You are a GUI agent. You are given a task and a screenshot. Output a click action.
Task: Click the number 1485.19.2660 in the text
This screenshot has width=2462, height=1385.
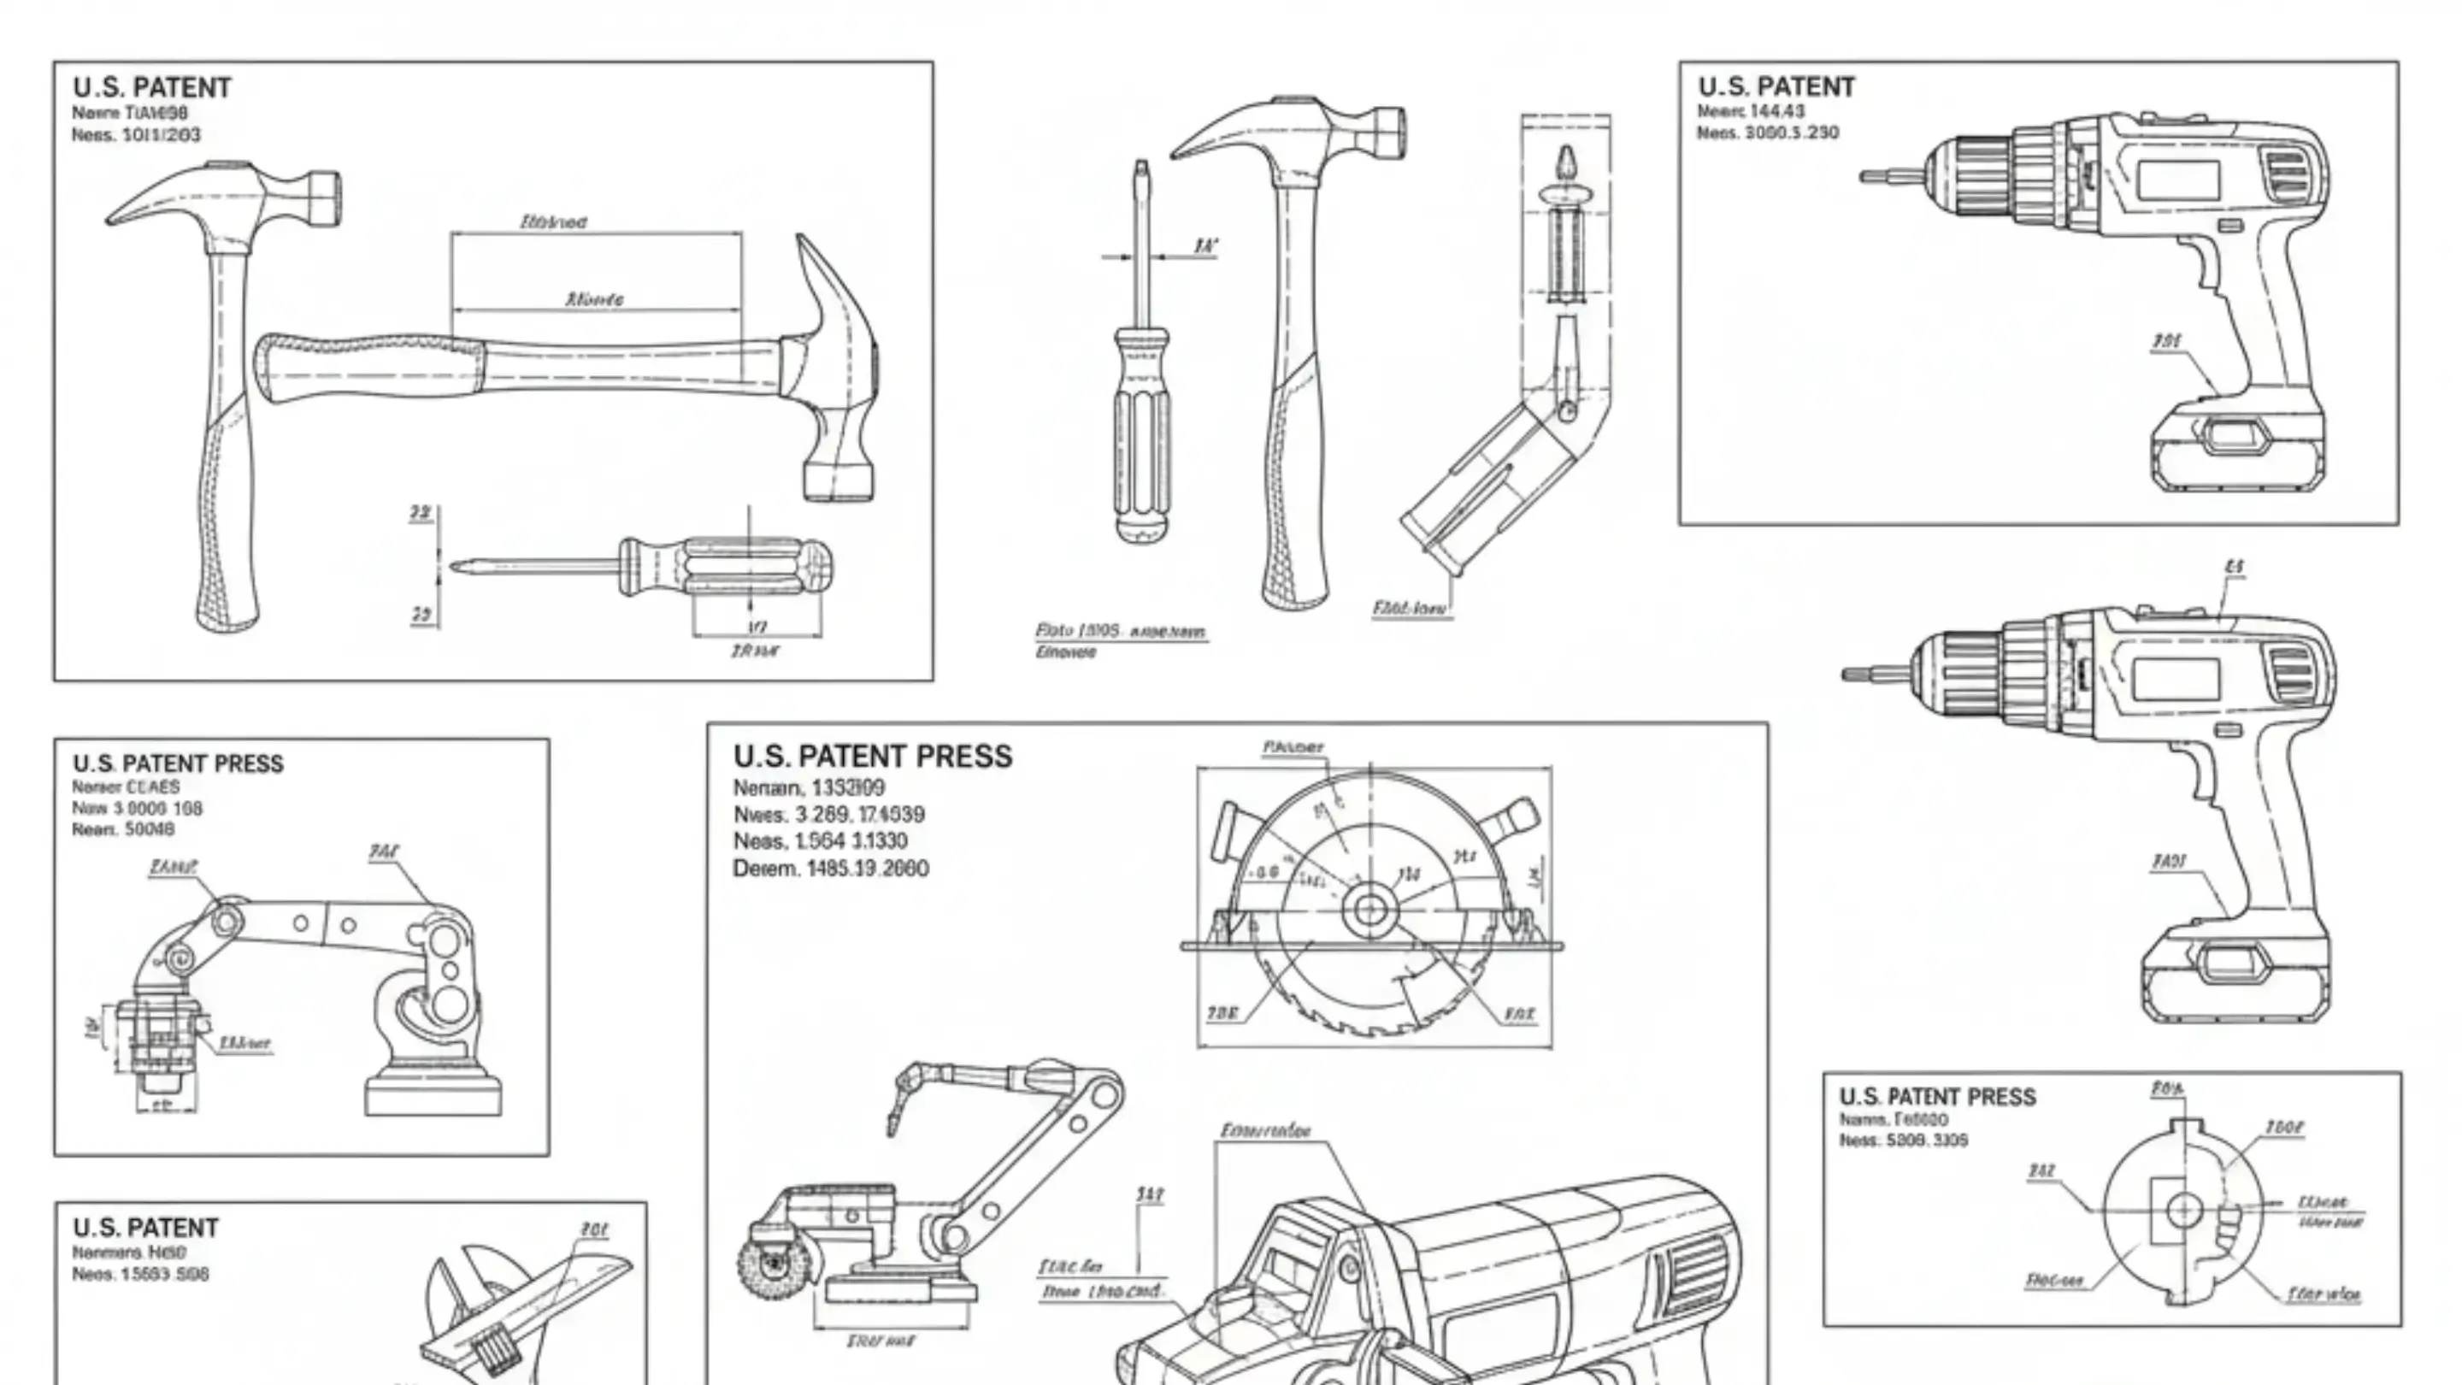(x=867, y=869)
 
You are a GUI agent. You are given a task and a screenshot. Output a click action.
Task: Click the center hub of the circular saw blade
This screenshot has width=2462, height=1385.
(x=1369, y=910)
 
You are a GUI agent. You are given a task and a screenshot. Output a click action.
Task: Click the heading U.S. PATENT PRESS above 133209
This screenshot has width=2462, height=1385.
(x=872, y=756)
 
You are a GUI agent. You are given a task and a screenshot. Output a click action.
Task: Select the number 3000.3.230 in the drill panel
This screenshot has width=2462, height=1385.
(x=1791, y=133)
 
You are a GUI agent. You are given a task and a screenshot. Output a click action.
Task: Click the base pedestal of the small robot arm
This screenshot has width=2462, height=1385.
(x=433, y=1090)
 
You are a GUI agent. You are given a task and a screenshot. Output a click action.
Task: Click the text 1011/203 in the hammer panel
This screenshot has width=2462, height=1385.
(x=162, y=135)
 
